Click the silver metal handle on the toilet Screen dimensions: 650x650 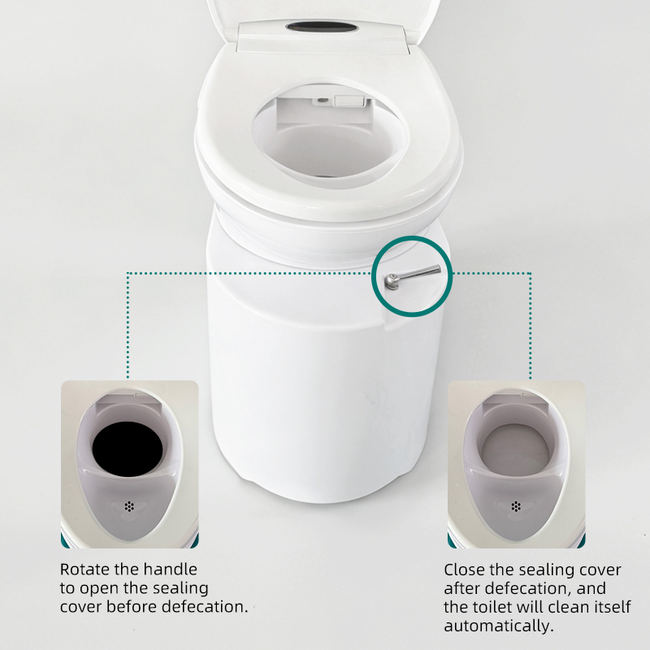412,275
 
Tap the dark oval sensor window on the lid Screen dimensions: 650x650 322,28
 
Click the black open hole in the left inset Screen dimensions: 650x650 128,449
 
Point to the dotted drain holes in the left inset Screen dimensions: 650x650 129,506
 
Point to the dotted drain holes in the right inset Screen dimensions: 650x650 516,506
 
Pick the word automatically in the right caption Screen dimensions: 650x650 499,626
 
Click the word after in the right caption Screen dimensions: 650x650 461,588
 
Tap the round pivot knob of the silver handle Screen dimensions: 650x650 392,281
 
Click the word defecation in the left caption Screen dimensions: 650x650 205,606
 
